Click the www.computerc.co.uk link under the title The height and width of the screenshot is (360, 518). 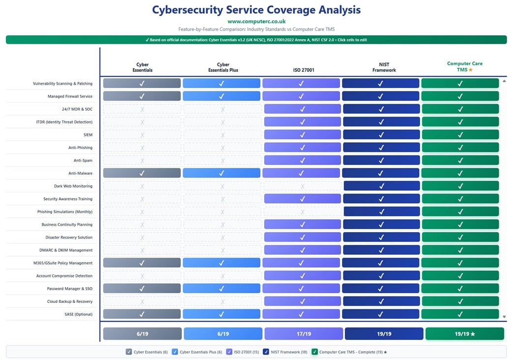[x=256, y=22]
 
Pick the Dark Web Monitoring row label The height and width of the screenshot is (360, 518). [x=73, y=186]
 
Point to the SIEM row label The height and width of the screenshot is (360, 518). [x=88, y=135]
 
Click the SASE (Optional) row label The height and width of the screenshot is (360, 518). [x=77, y=314]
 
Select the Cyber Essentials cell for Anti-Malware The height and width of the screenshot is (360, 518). [x=142, y=173]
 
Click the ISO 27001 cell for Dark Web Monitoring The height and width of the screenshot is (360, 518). [x=302, y=186]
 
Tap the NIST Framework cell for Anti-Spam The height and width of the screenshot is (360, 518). [x=381, y=160]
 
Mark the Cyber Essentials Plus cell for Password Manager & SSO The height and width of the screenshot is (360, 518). [x=221, y=289]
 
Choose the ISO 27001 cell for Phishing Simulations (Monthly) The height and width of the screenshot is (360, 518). [x=302, y=212]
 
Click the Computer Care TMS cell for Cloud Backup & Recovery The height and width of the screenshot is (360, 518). [x=460, y=301]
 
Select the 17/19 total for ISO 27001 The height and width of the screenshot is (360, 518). [x=303, y=334]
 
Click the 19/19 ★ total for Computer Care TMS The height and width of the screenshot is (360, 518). [x=464, y=334]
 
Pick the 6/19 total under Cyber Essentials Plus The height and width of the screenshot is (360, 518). [x=222, y=334]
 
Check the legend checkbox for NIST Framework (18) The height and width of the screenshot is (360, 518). [x=266, y=352]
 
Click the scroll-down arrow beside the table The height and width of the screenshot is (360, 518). [x=504, y=317]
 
